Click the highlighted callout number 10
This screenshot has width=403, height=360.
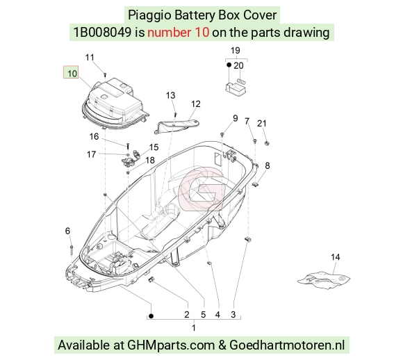[72, 74]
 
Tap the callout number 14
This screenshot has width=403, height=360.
[335, 257]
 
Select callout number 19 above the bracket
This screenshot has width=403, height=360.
[235, 51]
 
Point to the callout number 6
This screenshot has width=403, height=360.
[67, 231]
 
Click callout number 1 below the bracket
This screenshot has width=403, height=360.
[194, 328]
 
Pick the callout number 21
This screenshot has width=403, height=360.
[262, 124]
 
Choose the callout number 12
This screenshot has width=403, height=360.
[195, 104]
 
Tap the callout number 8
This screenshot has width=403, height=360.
[268, 165]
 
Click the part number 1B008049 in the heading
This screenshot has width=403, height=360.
[102, 33]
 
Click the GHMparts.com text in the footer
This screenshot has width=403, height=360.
[171, 345]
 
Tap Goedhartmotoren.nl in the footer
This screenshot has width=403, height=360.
[287, 345]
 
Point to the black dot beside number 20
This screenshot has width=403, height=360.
[229, 65]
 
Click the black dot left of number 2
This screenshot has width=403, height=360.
[151, 316]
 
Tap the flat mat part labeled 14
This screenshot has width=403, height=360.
[324, 279]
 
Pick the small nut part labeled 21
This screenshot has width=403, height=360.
[267, 142]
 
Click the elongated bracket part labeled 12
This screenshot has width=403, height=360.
[176, 126]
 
